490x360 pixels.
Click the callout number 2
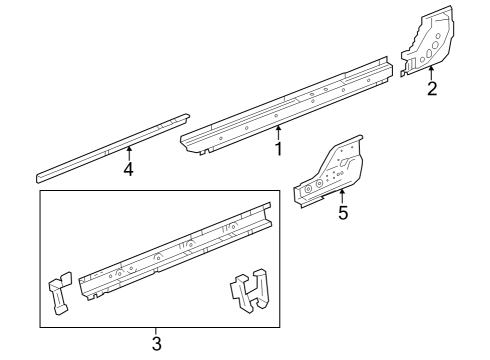pos(432,89)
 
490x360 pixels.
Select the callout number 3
pos(156,343)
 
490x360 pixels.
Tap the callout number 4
pos(128,169)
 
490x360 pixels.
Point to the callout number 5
pos(342,212)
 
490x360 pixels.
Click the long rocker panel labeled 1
pos(290,105)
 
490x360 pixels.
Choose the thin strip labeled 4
pos(110,146)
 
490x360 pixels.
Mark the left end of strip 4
pos(40,176)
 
